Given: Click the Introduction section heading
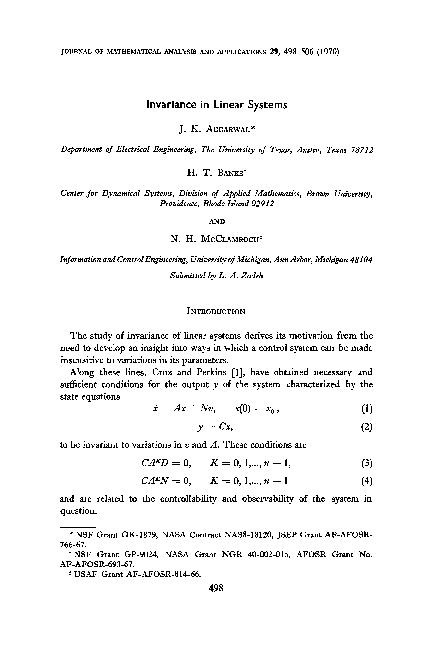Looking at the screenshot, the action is tap(216, 283).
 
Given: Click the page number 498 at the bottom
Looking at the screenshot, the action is tap(216, 590).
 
